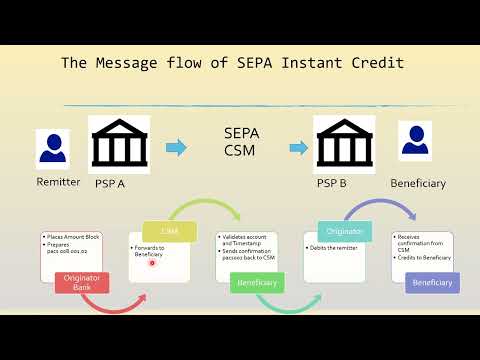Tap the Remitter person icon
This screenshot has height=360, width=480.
coord(53,148)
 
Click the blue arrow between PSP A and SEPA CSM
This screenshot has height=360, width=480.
coord(176,148)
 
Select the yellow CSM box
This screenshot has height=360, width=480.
coord(165,230)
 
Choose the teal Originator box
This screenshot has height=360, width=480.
coord(345,231)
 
